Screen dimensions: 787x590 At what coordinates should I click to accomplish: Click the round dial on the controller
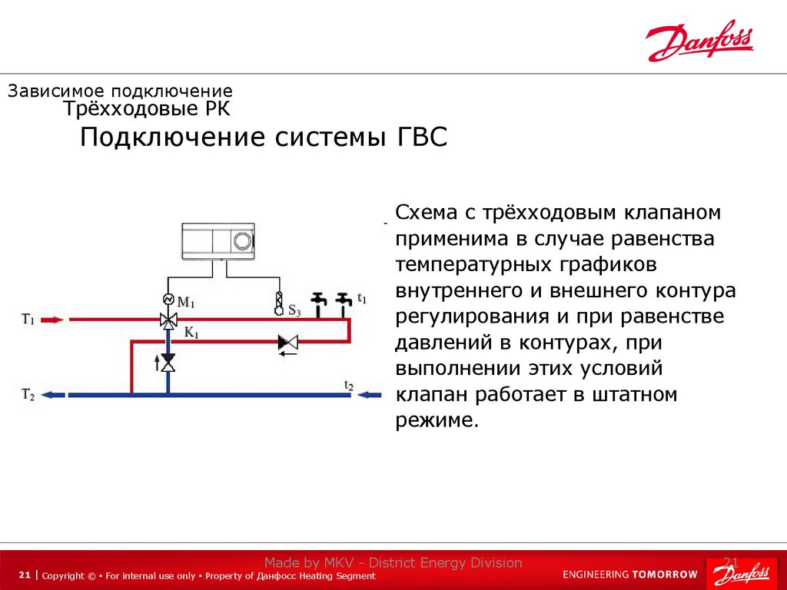(x=243, y=240)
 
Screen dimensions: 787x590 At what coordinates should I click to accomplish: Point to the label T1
(x=28, y=320)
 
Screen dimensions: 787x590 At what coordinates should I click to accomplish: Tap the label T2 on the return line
(x=28, y=395)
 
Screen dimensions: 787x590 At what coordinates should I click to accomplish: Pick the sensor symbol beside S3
(x=279, y=303)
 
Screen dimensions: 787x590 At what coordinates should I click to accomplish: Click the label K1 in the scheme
(x=191, y=334)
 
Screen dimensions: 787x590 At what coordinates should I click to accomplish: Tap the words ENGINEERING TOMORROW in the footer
(x=630, y=574)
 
